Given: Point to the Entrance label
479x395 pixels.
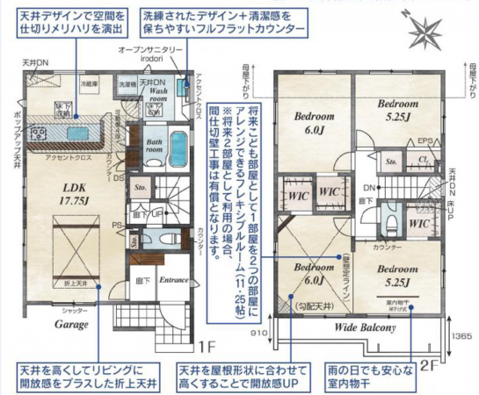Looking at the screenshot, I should (174, 281).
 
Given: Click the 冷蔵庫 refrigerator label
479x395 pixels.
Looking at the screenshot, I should (88, 84).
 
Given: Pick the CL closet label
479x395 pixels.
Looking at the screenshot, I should (423, 161).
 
